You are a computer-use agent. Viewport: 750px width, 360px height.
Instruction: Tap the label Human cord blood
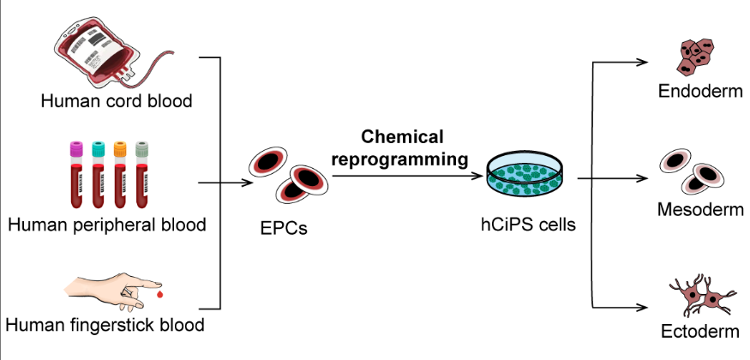point(117,101)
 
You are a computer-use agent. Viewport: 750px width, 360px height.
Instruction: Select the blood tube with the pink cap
point(75,176)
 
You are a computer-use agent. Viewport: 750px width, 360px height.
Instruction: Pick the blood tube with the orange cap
point(120,176)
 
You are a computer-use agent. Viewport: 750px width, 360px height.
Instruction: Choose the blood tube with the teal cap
point(98,176)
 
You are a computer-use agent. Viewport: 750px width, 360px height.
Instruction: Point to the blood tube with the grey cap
point(142,176)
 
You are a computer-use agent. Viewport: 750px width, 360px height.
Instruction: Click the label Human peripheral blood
point(107,225)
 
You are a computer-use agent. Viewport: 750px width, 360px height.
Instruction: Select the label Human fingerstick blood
point(105,326)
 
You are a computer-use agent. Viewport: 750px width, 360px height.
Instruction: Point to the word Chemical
point(402,137)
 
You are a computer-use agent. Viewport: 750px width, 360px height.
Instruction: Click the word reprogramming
point(403,159)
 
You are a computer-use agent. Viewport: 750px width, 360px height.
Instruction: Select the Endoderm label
point(700,91)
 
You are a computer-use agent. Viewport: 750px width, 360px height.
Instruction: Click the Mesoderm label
point(700,210)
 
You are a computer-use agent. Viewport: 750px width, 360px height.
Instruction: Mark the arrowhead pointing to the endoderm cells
point(645,61)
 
